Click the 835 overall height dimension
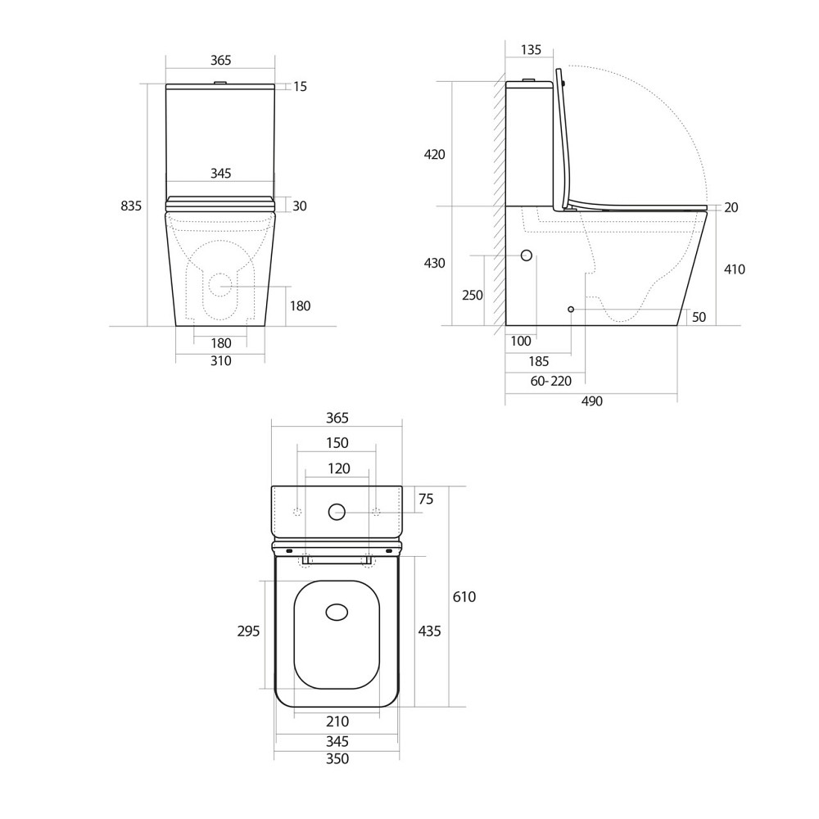pyautogui.click(x=131, y=206)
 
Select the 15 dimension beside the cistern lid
pyautogui.click(x=300, y=86)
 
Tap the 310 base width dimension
pyautogui.click(x=220, y=361)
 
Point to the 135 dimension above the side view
pyautogui.click(x=531, y=50)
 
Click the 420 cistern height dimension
pyautogui.click(x=434, y=154)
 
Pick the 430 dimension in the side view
pyautogui.click(x=434, y=263)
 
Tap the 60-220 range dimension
pyautogui.click(x=550, y=380)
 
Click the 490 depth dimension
pyautogui.click(x=591, y=401)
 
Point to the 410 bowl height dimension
pyautogui.click(x=735, y=269)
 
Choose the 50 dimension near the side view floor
pyautogui.click(x=699, y=317)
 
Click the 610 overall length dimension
pyautogui.click(x=464, y=597)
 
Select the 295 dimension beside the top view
pyautogui.click(x=248, y=631)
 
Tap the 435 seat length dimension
pyautogui.click(x=429, y=631)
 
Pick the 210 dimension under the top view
pyautogui.click(x=337, y=722)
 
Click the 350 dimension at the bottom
pyautogui.click(x=337, y=759)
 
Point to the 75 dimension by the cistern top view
pyautogui.click(x=426, y=499)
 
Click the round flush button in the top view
pyautogui.click(x=337, y=513)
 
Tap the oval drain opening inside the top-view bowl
pyautogui.click(x=337, y=612)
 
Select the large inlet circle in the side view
pyautogui.click(x=527, y=256)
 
